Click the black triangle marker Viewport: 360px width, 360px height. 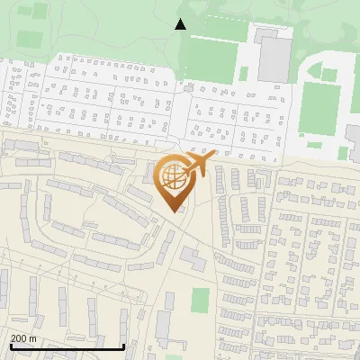(181, 24)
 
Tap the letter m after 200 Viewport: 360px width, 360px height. (33, 337)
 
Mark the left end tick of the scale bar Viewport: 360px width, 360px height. (11, 346)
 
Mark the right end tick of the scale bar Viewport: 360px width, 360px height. (123, 346)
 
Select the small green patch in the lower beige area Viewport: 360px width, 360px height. (200, 301)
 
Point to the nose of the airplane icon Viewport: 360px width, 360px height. (214, 157)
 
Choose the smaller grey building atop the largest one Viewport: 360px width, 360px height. (267, 36)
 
